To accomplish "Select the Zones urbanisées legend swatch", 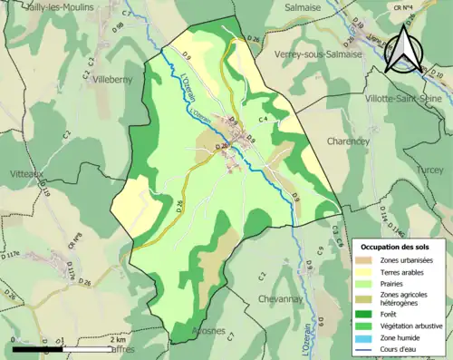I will [364, 261].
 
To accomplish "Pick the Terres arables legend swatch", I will [364, 273].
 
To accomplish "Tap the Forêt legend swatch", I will [364, 314].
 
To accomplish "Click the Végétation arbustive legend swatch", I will [364, 326].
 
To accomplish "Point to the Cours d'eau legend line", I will [364, 349].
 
